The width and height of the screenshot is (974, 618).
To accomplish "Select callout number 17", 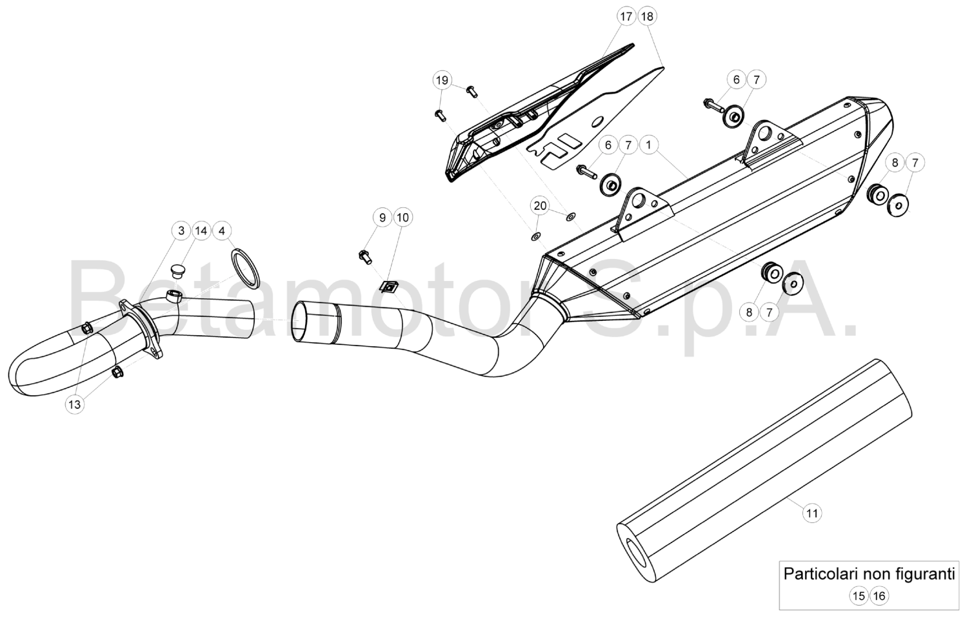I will click(x=626, y=17).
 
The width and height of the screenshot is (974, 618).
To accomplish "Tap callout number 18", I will click(x=647, y=17).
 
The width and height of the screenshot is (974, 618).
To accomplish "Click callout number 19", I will click(x=441, y=81).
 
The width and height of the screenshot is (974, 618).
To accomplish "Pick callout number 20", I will click(x=540, y=206).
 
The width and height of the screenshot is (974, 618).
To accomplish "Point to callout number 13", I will click(x=75, y=404).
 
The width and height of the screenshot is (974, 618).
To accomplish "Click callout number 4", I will click(x=221, y=231).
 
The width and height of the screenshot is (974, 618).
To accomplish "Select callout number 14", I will click(x=201, y=231).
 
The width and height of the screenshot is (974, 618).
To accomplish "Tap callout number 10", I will click(x=403, y=218).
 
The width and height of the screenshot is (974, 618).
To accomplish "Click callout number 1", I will click(x=648, y=145).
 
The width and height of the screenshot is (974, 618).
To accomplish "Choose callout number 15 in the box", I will click(x=859, y=595).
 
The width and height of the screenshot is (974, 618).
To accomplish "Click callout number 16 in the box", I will click(x=879, y=595).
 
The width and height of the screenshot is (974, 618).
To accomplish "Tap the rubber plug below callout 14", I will click(x=177, y=268).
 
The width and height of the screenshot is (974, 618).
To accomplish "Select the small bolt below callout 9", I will click(x=365, y=256).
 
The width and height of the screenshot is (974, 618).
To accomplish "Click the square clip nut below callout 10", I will click(x=388, y=286).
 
